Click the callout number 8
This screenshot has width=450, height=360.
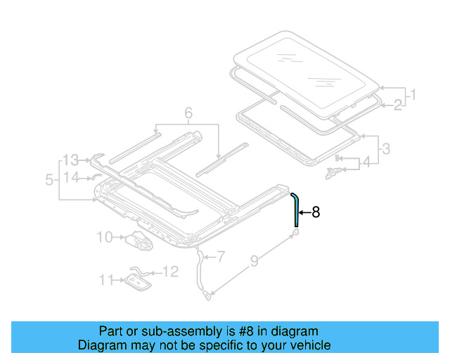point(316,212)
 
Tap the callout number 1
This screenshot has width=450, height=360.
point(413,94)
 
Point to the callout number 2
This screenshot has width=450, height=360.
point(398,105)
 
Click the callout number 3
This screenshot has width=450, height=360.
point(385,148)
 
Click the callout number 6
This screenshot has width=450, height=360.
point(188,112)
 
